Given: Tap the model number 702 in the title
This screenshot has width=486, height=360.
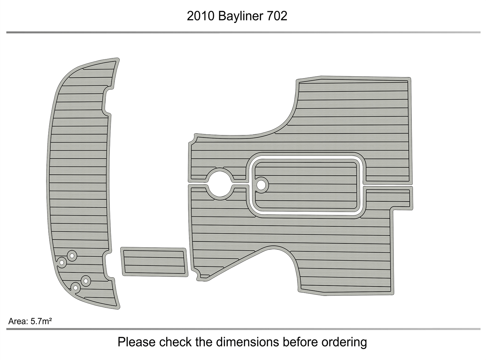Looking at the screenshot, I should tap(277, 16).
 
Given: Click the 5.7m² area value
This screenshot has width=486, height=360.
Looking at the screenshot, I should tap(41, 321).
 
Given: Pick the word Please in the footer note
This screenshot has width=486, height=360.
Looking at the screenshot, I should tap(136, 342).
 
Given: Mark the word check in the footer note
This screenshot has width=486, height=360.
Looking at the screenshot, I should tap(176, 342).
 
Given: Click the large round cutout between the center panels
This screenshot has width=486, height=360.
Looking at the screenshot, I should tap(220, 184).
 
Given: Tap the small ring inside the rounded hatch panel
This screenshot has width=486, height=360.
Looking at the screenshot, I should tap(262, 185).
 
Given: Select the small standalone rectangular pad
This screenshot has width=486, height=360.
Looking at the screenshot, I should tap(154, 262).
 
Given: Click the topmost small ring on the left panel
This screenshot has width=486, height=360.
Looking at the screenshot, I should tap(72, 256).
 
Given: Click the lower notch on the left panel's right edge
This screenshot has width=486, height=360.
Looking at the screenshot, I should tap(107, 266).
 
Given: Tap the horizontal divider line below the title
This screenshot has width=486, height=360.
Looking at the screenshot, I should tap(243, 32).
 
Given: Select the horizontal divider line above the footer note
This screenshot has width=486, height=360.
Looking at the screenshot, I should tap(243, 329).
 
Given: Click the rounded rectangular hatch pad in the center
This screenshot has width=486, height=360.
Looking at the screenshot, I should tap(306, 186).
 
